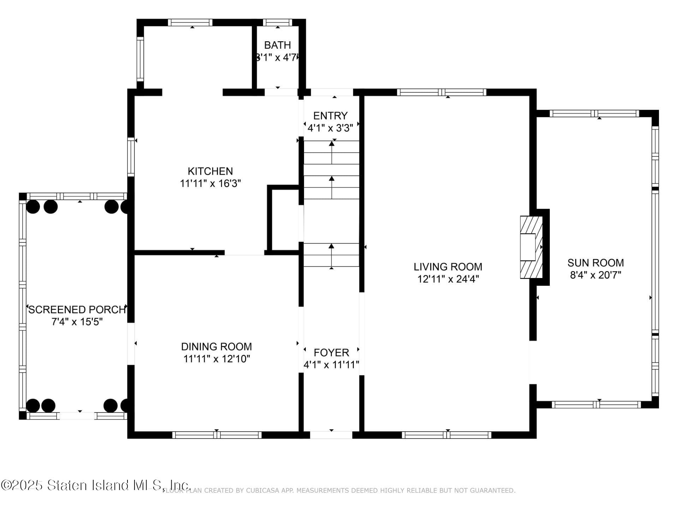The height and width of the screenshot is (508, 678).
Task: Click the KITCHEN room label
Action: [x=210, y=171]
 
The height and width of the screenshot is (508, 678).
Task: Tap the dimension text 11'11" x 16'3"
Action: [x=210, y=183]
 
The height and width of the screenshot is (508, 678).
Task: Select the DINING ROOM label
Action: [x=216, y=346]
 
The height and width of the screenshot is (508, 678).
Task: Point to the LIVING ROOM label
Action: [x=448, y=267]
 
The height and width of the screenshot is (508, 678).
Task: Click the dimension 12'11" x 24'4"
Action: [x=448, y=279]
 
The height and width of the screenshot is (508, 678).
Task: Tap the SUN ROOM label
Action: [x=595, y=263]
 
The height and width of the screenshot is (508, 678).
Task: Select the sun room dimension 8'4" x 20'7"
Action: [x=595, y=275]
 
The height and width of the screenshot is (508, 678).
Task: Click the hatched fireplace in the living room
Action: [x=531, y=247]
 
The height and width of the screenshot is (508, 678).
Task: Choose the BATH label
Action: [x=278, y=45]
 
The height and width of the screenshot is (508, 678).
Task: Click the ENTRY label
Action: [x=330, y=116]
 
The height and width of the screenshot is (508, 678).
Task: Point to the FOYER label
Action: [x=331, y=352]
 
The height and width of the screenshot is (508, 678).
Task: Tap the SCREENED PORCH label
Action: [x=77, y=310]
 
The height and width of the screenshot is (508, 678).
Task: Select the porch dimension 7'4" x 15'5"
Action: [x=77, y=322]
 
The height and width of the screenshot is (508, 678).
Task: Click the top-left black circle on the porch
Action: [x=33, y=207]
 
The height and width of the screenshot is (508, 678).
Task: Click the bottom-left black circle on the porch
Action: [x=33, y=406]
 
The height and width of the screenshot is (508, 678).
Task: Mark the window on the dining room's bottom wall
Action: [x=216, y=435]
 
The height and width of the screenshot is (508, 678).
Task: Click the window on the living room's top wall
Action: [x=441, y=92]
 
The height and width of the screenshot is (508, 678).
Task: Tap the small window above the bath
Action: [x=278, y=23]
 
